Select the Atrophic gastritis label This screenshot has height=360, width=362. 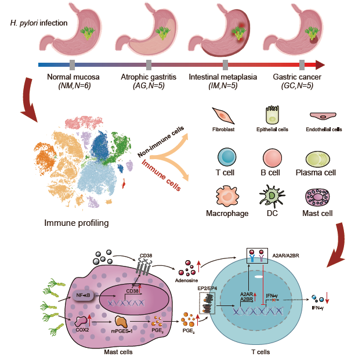(149, 77)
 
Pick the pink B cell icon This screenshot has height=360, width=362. (272, 159)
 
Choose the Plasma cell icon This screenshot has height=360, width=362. (320, 159)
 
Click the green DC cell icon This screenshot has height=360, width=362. (273, 197)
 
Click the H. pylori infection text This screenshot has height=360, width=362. (39, 23)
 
